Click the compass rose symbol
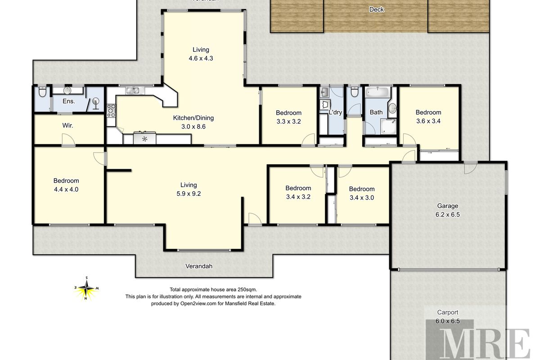click(86, 288)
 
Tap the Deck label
click(376, 9)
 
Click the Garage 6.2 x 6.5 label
click(447, 210)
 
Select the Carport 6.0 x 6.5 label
click(447, 317)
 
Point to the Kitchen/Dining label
click(193, 118)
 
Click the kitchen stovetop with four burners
click(111, 111)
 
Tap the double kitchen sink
click(133, 90)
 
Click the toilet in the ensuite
click(42, 92)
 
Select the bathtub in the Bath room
click(378, 92)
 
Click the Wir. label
click(67, 126)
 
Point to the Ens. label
click(69, 101)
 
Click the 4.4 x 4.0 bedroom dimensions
click(66, 189)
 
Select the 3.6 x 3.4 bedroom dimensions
click(428, 121)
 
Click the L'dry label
click(335, 112)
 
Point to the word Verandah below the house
click(198, 266)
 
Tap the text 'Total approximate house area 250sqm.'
click(213, 289)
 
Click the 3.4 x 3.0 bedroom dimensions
click(362, 198)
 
